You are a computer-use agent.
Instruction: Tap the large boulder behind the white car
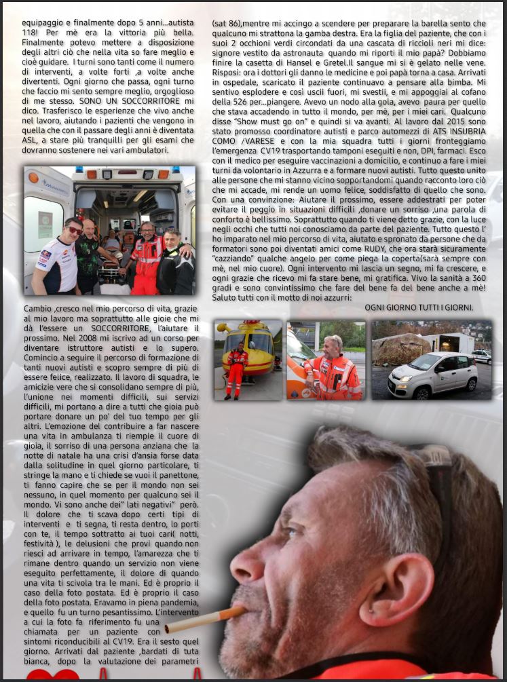click(403, 348)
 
